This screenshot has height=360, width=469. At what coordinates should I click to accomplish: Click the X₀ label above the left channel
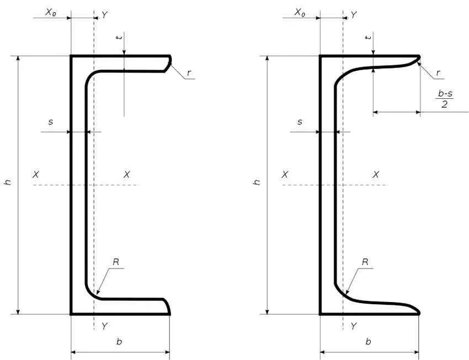pyautogui.click(x=51, y=12)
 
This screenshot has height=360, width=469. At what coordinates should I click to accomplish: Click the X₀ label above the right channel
pyautogui.click(x=300, y=12)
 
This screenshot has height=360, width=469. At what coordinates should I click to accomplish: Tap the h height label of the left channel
pyautogui.click(x=8, y=182)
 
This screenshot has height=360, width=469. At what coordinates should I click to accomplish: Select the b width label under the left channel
pyautogui.click(x=119, y=342)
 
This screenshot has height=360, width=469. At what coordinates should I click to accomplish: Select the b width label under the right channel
pyautogui.click(x=369, y=342)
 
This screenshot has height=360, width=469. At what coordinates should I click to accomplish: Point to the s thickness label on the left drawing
pyautogui.click(x=51, y=121)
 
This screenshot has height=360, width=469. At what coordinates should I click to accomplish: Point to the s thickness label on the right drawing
pyautogui.click(x=300, y=121)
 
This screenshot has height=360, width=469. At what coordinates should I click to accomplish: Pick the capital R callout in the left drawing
pyautogui.click(x=116, y=262)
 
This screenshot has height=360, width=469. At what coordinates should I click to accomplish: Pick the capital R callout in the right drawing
pyautogui.click(x=365, y=262)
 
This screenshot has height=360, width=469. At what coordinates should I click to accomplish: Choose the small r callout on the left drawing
pyautogui.click(x=189, y=72)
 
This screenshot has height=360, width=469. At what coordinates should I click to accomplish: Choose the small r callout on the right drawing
pyautogui.click(x=439, y=72)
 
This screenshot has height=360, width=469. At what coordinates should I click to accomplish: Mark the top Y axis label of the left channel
pyautogui.click(x=104, y=15)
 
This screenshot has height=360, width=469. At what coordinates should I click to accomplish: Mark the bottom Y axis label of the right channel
pyautogui.click(x=354, y=326)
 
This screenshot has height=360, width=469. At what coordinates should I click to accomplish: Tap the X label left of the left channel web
pyautogui.click(x=36, y=174)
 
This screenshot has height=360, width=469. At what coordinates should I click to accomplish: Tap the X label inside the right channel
pyautogui.click(x=376, y=174)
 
